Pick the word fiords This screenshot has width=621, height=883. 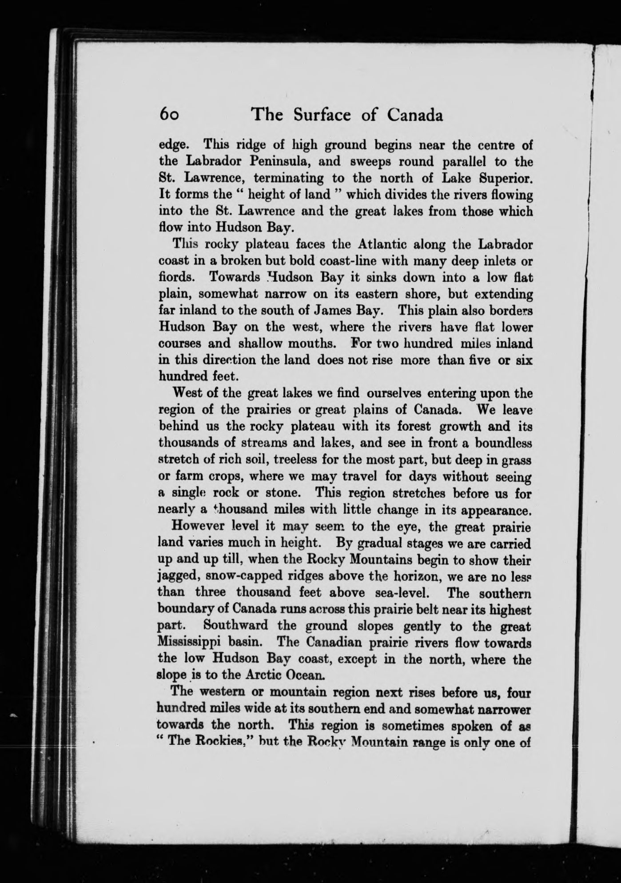[177, 277]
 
